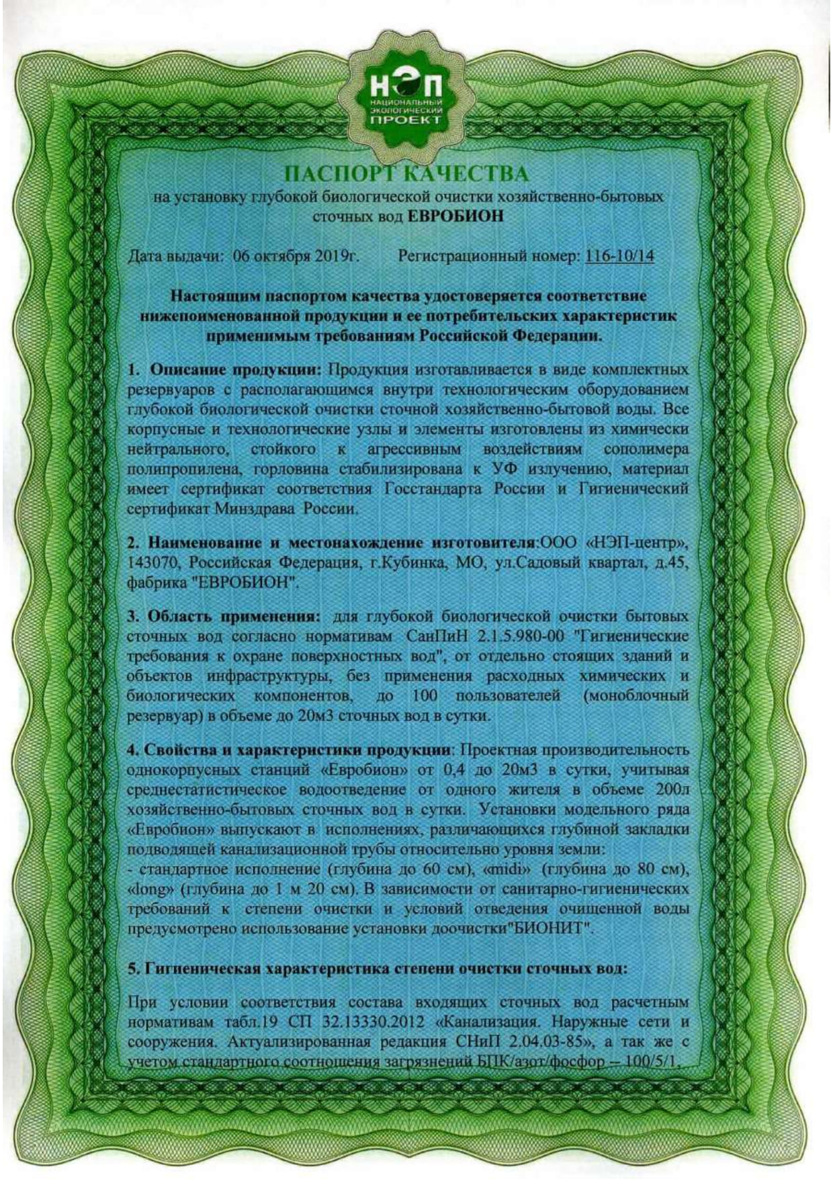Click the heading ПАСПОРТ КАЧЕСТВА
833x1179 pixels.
tap(406, 175)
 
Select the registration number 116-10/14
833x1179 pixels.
tap(619, 256)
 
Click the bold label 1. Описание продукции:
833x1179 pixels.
tap(225, 370)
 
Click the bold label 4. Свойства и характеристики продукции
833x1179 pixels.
tap(287, 749)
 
